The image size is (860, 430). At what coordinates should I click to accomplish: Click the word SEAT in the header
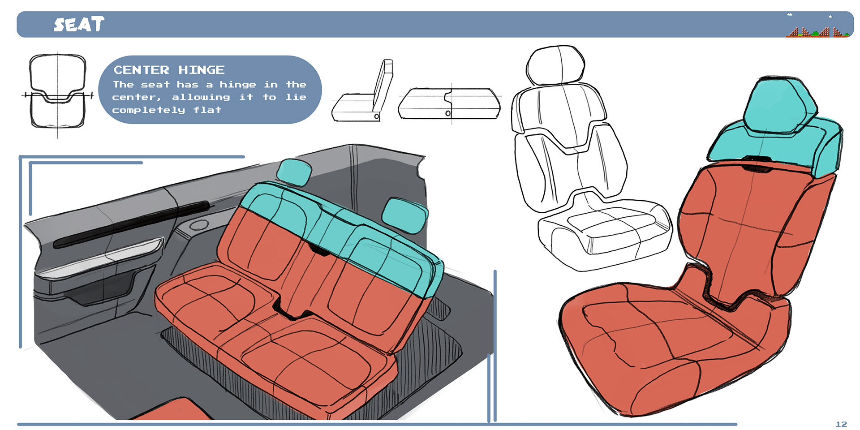click(x=79, y=24)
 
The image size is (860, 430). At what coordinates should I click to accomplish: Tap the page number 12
click(x=841, y=424)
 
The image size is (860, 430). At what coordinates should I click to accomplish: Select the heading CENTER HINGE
click(x=169, y=70)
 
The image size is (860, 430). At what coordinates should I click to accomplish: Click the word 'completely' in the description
click(x=148, y=110)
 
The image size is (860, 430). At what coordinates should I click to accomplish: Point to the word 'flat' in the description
click(x=207, y=110)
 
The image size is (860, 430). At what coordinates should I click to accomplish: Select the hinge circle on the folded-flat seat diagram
click(x=447, y=113)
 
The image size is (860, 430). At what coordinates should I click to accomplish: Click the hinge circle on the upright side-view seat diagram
click(x=377, y=116)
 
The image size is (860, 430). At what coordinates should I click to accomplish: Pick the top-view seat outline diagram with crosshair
click(x=57, y=92)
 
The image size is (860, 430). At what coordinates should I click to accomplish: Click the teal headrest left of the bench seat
click(x=294, y=172)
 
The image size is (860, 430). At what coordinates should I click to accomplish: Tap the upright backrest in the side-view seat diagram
click(x=383, y=85)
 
